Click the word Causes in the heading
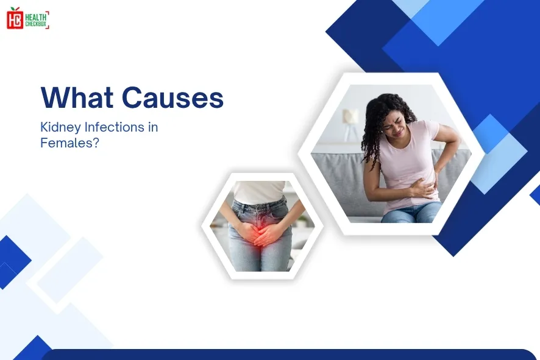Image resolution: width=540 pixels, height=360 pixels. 172,97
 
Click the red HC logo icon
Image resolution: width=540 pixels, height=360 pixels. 15,19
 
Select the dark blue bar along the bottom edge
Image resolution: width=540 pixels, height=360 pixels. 286,355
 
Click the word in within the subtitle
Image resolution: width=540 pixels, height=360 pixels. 152,128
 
